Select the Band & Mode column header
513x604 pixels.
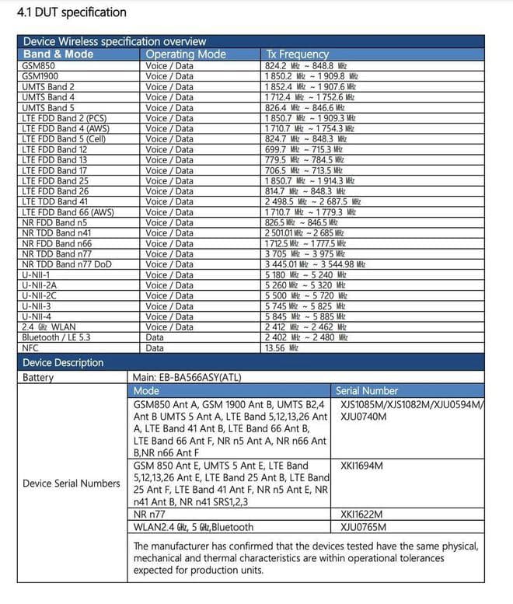pos(58,54)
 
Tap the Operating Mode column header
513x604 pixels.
pos(186,54)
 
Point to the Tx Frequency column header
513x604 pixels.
pos(297,54)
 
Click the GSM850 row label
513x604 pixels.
pos(39,66)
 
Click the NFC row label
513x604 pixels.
pos(31,348)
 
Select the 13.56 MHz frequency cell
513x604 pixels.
pos(281,348)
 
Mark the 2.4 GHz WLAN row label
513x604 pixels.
pos(51,327)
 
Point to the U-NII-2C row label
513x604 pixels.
pos(41,295)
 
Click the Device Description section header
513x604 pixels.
pos(63,363)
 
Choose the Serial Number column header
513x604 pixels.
pos(367,391)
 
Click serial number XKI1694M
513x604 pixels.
pos(362,466)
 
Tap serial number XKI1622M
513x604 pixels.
pos(362,515)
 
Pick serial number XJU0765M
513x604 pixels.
pos(363,527)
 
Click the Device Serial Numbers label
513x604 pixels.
pos(72,484)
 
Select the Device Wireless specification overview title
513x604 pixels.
pos(115,41)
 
